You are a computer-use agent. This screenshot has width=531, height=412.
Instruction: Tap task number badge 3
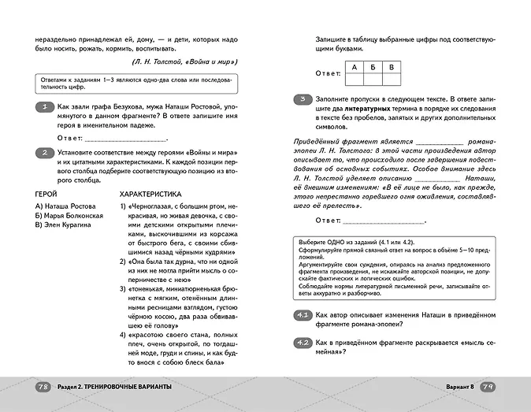[303, 98]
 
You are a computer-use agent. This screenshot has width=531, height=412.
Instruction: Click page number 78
[44, 386]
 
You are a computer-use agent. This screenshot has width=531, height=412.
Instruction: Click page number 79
[488, 386]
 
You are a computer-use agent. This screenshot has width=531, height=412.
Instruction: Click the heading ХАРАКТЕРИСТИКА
[150, 193]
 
